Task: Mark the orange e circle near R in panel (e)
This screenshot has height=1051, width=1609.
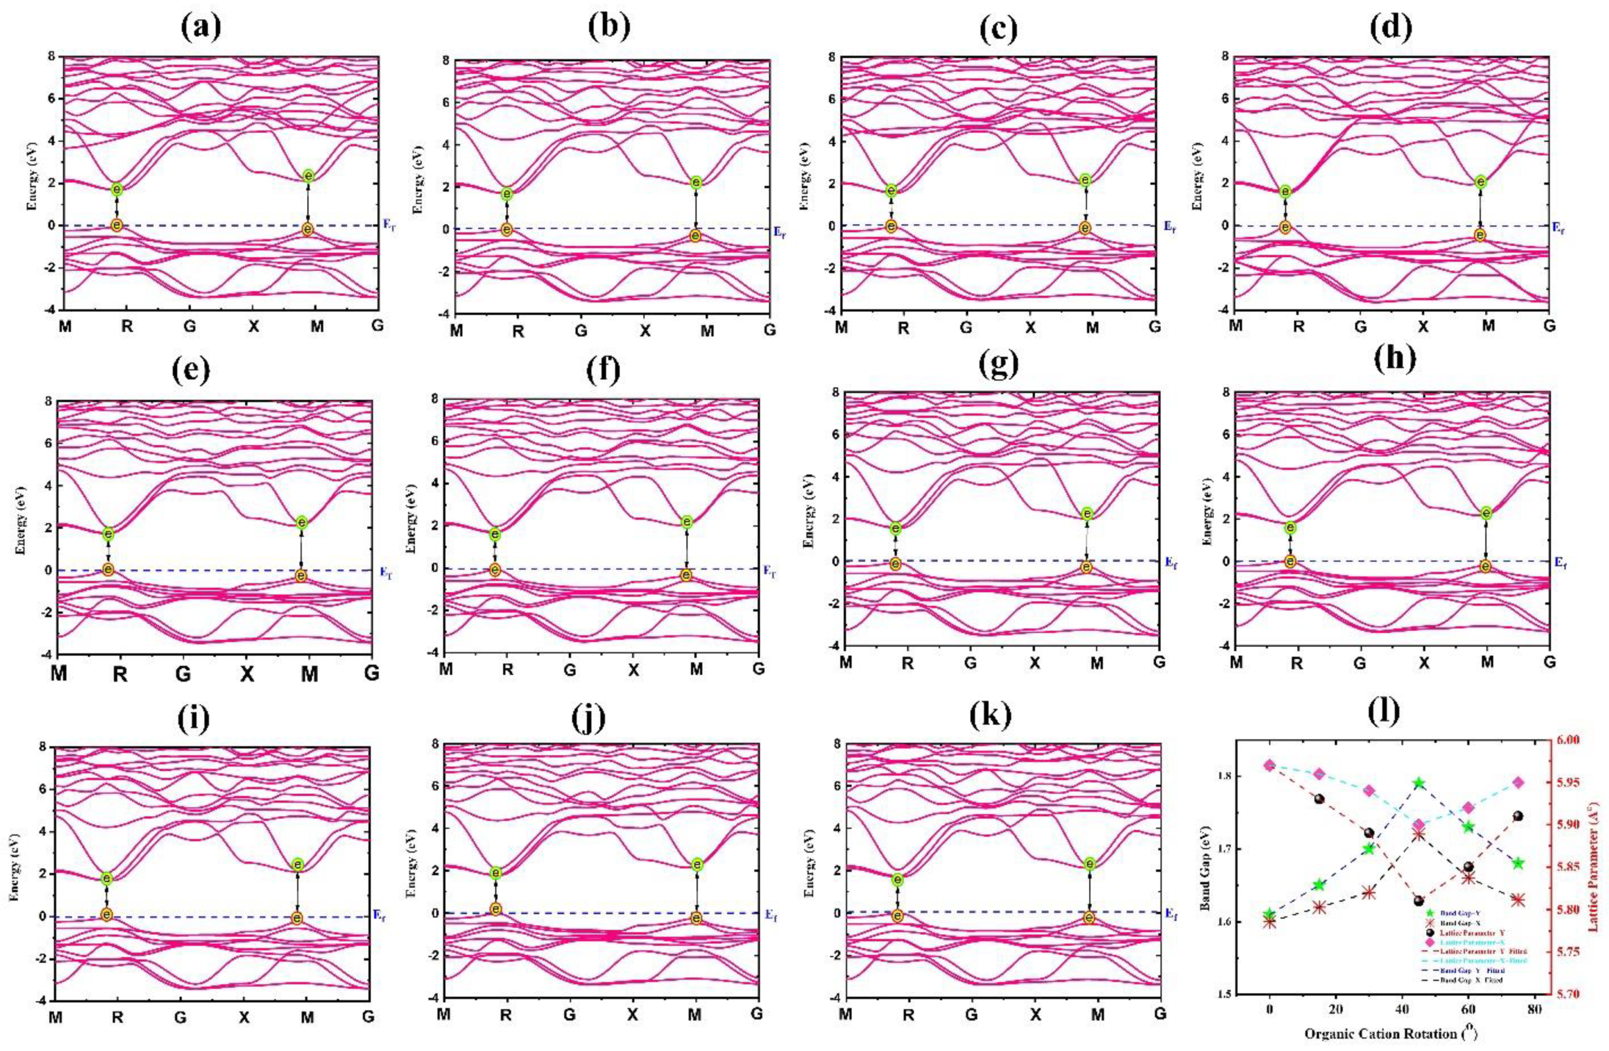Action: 108,569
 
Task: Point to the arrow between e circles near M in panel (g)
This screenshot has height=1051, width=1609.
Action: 1086,540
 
